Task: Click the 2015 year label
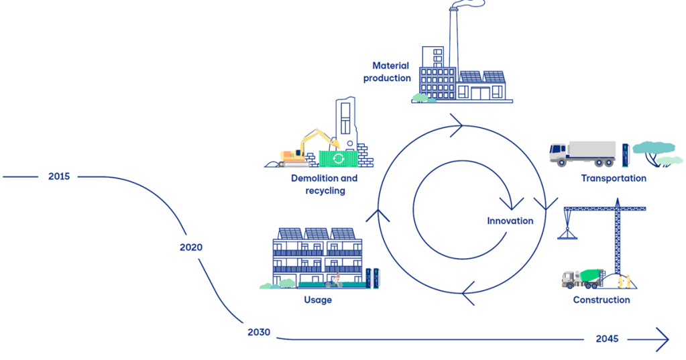click(59, 176)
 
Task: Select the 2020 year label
click(191, 247)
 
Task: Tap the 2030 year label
click(258, 332)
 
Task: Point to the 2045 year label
click(607, 339)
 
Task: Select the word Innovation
click(510, 221)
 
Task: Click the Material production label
click(388, 72)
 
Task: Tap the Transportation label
click(614, 178)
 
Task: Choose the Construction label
click(602, 300)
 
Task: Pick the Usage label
click(318, 300)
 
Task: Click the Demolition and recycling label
click(325, 184)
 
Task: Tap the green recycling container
click(338, 158)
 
